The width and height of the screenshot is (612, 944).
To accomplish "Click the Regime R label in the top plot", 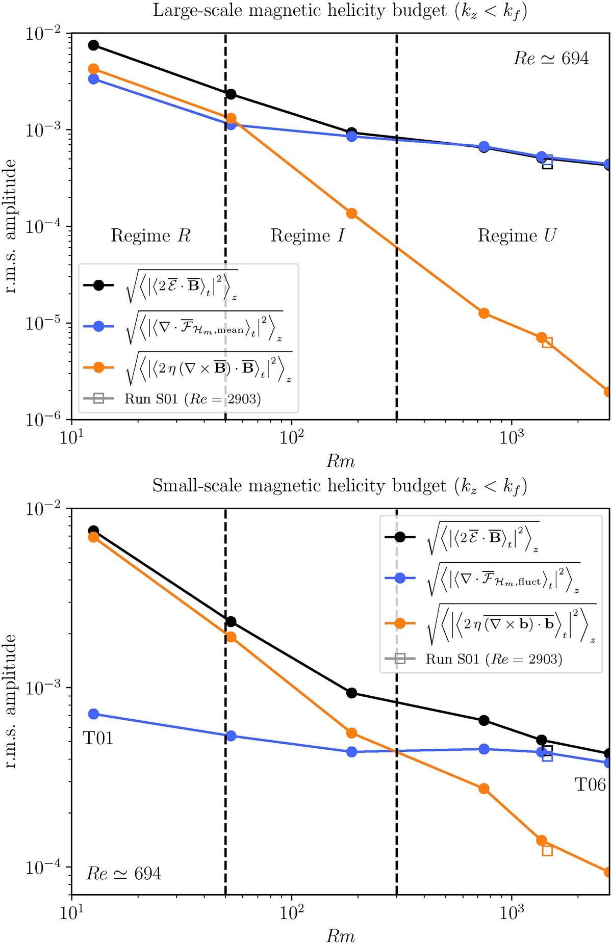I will coord(150,235).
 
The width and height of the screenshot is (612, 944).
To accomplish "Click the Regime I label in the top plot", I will coord(307,235).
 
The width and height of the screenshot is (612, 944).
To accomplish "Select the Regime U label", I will coord(517,235).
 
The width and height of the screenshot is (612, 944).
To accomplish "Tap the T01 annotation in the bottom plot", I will coord(98,738).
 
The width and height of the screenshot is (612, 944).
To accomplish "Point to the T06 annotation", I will coord(590,784).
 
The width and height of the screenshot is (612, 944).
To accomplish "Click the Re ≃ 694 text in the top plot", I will coord(551,59).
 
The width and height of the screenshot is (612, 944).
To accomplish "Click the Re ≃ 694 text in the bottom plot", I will coord(124,874).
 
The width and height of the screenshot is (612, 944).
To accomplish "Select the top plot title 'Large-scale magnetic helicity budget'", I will coord(340,11).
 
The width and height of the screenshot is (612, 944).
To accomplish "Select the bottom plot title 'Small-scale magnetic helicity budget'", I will coord(340,486).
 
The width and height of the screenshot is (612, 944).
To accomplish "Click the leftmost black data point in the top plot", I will coord(93,45).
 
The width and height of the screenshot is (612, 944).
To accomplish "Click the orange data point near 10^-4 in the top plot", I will coord(351,213).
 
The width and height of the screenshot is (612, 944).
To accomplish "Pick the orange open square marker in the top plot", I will coord(547,343).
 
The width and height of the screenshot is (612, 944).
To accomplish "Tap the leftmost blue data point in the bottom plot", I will coord(93,714).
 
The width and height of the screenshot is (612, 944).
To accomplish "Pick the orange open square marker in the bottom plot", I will coord(547,850).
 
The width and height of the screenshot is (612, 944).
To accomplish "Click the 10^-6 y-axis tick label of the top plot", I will coord(43,419).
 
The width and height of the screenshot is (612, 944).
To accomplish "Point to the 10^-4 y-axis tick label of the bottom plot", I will coord(43,867).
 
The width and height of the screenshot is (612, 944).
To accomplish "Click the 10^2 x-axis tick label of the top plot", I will coord(291,437).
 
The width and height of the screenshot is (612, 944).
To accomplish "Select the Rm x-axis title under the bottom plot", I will coord(340,935).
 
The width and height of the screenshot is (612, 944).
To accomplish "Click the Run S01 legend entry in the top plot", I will coord(192,399).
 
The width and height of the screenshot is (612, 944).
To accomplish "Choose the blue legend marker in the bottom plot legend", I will coord(400,578).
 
